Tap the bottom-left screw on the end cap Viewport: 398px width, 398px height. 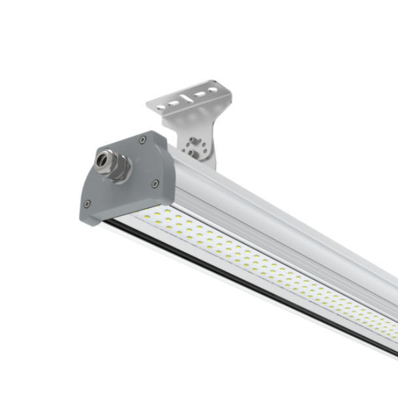[x=87, y=204]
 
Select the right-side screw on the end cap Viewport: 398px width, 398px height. [x=155, y=183]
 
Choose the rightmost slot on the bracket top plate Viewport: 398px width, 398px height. [x=214, y=90]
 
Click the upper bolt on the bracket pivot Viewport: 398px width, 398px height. [x=194, y=141]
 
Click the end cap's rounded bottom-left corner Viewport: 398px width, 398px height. [x=85, y=215]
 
